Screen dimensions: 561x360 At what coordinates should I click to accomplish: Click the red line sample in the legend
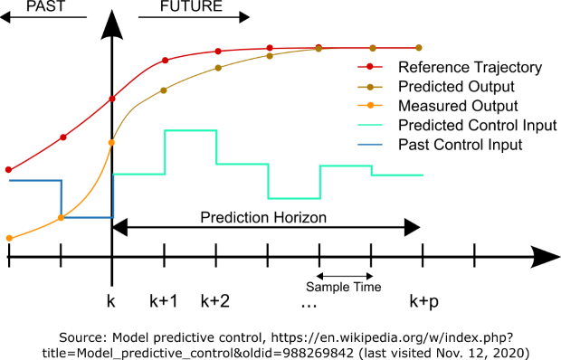tap(370, 67)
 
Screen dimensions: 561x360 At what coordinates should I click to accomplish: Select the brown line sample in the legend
tap(370, 87)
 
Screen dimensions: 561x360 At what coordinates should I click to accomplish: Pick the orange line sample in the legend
tap(370, 105)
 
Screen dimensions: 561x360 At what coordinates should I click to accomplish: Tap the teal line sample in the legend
tap(370, 125)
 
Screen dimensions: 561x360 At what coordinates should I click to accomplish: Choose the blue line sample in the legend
tap(370, 145)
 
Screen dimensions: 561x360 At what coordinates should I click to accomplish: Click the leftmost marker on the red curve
tap(9, 169)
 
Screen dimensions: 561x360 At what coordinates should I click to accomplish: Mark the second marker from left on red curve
tap(62, 137)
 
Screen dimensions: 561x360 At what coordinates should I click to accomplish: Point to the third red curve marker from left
tap(112, 98)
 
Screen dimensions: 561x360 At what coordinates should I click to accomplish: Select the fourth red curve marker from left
tap(165, 61)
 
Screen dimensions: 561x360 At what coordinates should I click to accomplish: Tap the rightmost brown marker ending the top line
tap(419, 48)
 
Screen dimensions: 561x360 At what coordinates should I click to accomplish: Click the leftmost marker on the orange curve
tap(9, 238)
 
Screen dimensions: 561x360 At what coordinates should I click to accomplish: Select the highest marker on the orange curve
tap(111, 142)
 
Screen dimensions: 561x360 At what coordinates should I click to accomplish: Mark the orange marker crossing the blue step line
tap(61, 218)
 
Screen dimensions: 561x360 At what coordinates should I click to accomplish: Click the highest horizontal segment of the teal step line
tap(190, 131)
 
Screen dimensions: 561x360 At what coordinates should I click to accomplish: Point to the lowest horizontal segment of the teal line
tap(294, 198)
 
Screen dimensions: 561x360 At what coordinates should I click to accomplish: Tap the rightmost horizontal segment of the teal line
tap(398, 175)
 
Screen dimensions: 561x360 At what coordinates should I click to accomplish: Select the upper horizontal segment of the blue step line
tap(34, 181)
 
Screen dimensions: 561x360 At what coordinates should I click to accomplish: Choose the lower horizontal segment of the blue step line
tap(87, 217)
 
